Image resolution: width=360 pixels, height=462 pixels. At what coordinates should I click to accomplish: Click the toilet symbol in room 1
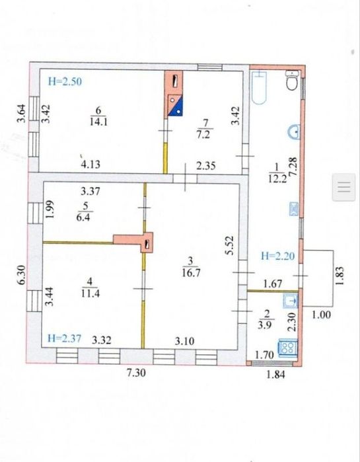(293, 80)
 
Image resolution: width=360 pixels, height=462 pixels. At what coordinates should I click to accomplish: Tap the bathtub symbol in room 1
(260, 87)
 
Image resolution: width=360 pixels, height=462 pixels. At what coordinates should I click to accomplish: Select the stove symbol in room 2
(287, 346)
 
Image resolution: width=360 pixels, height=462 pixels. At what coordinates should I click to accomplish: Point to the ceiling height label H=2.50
(65, 81)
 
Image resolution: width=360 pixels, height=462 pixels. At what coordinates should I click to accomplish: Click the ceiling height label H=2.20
(277, 256)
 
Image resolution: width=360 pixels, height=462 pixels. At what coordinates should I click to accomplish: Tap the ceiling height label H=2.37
(65, 338)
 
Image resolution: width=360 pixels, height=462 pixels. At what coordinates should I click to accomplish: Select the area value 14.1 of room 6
(98, 122)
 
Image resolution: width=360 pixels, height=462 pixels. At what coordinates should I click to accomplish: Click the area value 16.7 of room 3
(191, 273)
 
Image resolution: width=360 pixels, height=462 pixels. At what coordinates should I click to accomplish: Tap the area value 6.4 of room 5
(85, 217)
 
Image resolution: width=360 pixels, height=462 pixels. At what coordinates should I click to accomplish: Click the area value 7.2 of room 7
(203, 135)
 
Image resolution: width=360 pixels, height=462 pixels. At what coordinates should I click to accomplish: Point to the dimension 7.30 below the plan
(136, 373)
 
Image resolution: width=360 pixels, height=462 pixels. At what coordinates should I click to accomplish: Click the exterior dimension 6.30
(22, 275)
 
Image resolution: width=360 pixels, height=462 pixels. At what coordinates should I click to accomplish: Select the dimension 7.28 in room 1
(294, 167)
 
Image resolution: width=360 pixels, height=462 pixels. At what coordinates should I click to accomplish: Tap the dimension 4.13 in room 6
(90, 164)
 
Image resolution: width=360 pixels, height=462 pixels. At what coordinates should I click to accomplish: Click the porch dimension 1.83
(340, 276)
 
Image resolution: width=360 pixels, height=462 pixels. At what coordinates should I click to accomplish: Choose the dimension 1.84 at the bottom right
(276, 375)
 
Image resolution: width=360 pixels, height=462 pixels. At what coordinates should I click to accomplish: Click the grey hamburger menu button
(343, 187)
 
